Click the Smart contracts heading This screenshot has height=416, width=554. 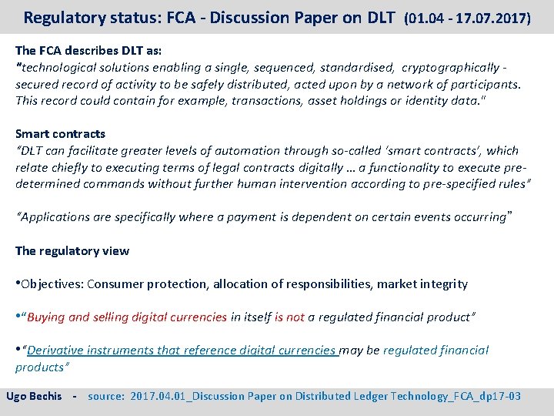[x=60, y=134]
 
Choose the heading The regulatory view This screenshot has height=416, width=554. [x=72, y=251]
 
